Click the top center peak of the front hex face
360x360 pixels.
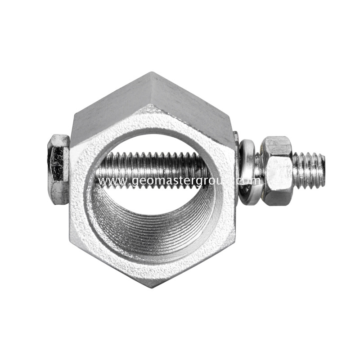(152, 106)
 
